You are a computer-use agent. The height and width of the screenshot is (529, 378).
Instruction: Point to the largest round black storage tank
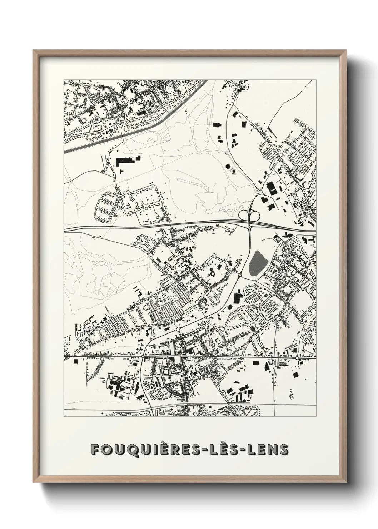228,167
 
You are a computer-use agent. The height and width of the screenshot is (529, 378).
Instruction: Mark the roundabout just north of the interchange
260,192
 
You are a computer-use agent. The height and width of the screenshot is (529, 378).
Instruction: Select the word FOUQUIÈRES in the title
142,450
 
